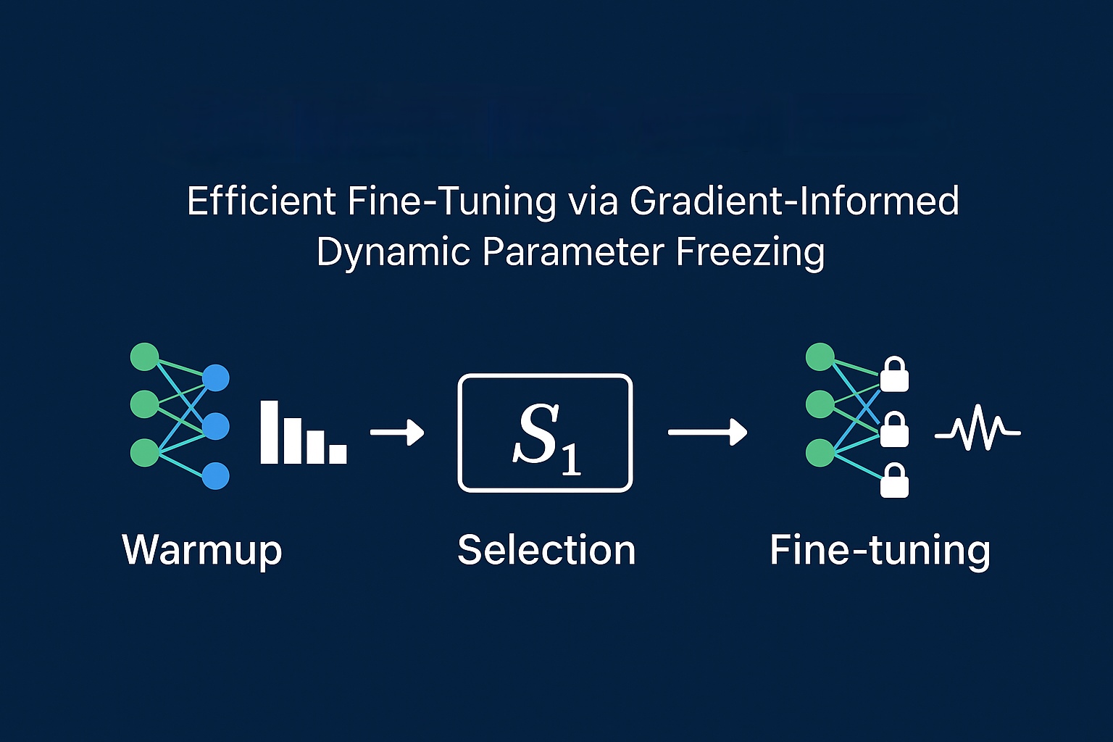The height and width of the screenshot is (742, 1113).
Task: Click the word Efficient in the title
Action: (262, 201)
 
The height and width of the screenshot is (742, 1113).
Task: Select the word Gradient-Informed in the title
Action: (794, 201)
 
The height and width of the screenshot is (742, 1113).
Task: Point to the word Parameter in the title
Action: (572, 252)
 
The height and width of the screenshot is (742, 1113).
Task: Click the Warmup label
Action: (201, 551)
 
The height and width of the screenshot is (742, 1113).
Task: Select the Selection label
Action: (546, 550)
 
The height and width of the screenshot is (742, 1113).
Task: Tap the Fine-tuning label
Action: (880, 550)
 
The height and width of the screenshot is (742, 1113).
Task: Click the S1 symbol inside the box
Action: (545, 435)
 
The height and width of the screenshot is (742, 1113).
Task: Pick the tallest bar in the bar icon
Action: (270, 432)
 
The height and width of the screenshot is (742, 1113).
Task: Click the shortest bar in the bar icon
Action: (338, 454)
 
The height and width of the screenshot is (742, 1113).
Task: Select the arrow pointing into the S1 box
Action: (397, 433)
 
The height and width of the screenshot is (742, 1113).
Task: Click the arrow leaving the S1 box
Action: (707, 433)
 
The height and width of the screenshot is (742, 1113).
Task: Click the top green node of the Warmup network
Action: (144, 357)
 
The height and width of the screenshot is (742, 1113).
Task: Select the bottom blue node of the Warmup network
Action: (215, 476)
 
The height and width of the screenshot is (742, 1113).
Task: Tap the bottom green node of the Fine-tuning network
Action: (820, 453)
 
